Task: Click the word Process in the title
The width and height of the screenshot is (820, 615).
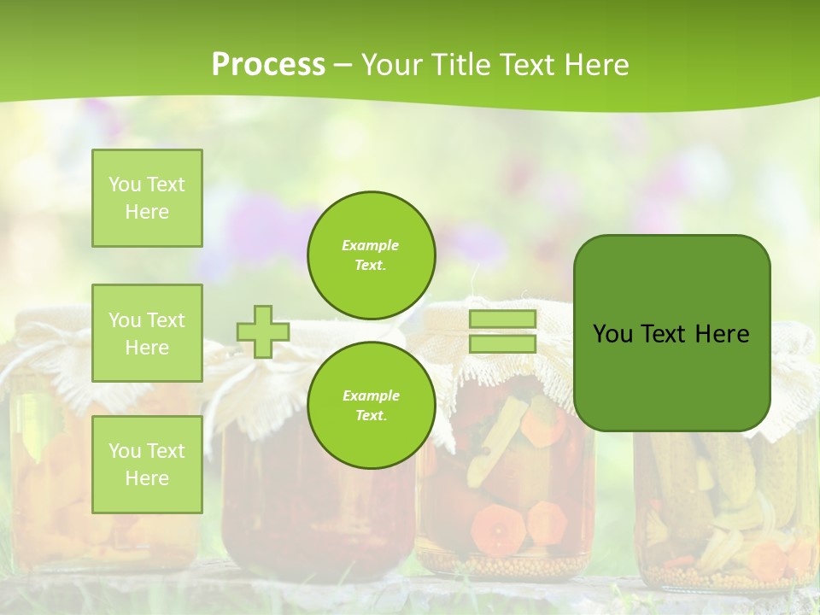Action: pos(268,65)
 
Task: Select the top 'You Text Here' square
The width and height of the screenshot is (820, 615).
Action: pos(147,198)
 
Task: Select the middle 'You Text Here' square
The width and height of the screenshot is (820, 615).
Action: pos(147,333)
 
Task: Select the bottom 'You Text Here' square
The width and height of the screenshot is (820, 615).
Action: pos(147,464)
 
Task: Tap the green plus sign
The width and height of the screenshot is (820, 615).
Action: pos(263,331)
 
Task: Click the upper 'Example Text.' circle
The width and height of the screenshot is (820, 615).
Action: pos(372,255)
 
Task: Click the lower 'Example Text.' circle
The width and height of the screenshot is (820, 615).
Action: pos(372,405)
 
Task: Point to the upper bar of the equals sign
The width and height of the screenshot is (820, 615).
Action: pos(502,319)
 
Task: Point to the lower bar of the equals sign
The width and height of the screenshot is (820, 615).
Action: pos(502,344)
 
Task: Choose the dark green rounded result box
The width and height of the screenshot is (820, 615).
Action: pos(671,333)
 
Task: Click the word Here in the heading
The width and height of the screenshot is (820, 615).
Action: pos(597,65)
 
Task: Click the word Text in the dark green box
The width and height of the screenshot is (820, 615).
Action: pos(664,334)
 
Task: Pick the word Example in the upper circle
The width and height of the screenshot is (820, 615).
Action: pos(371,245)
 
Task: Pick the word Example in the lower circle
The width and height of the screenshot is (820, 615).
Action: pos(371,395)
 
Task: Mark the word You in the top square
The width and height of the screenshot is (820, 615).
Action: pos(125,184)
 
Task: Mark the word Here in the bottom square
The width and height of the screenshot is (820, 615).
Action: pos(147,478)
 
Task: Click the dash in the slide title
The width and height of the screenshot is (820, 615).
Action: pos(343,66)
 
